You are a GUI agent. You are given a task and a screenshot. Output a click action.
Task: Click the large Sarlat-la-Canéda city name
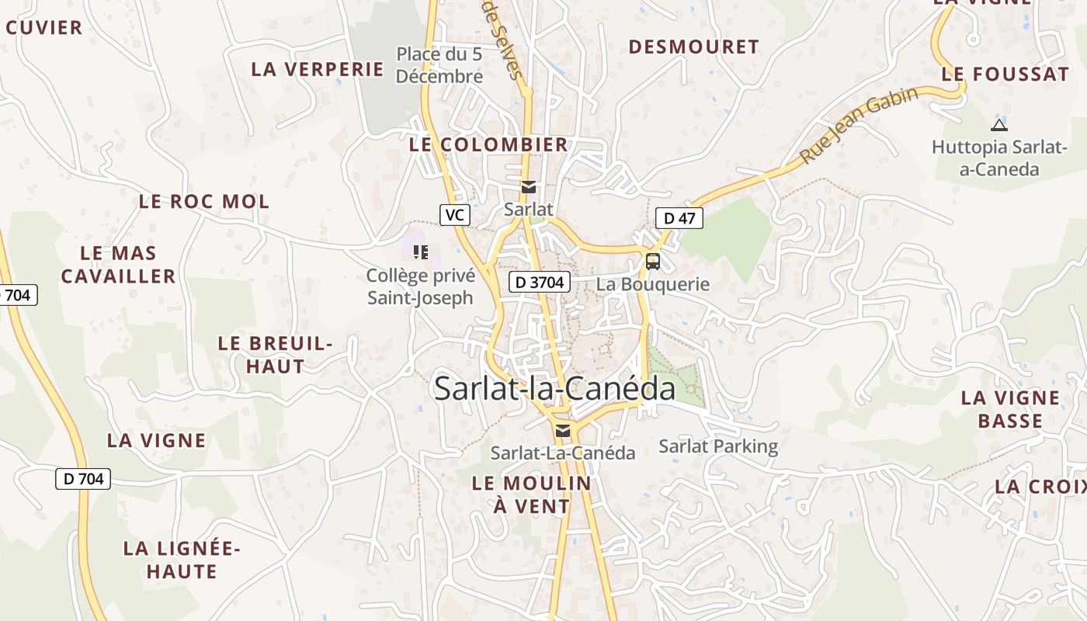pos(554,388)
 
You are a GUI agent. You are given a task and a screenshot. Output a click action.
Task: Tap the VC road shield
pos(454,215)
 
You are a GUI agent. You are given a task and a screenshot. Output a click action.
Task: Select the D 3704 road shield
pos(540,283)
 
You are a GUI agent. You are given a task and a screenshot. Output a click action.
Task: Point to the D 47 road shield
pos(679,218)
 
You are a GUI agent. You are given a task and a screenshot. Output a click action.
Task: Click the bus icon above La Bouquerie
pos(652,262)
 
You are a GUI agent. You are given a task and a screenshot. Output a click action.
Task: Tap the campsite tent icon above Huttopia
pos(998,124)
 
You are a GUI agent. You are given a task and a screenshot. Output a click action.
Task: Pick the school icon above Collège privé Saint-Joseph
pos(420,252)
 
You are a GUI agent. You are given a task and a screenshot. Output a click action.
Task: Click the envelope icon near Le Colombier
pos(529,187)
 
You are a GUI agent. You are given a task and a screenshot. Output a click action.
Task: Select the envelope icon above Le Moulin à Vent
pos(563,431)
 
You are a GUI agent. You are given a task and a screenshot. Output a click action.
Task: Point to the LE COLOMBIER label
pos(488,145)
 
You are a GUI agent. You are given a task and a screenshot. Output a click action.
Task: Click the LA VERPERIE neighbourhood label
pos(318,69)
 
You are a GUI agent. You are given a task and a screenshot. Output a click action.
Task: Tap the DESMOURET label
pos(693,47)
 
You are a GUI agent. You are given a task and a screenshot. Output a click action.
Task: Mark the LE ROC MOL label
pos(204,202)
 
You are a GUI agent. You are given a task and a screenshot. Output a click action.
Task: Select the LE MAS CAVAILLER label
pos(119,265)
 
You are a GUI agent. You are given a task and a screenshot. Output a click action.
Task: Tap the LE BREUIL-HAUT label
pos(276,355)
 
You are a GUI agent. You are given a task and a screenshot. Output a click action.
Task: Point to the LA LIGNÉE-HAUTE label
pos(182,560)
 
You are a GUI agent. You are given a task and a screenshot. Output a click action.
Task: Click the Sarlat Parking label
pos(718,446)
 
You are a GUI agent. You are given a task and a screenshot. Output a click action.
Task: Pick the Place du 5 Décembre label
pos(439,66)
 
